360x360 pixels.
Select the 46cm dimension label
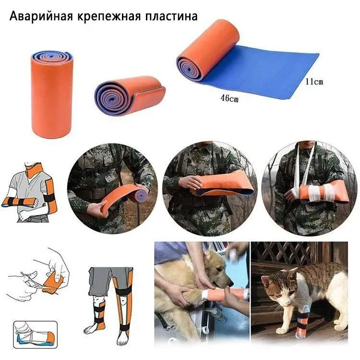(229, 100)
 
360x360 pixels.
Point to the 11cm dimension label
(314, 82)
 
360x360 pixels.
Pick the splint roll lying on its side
(127, 96)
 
